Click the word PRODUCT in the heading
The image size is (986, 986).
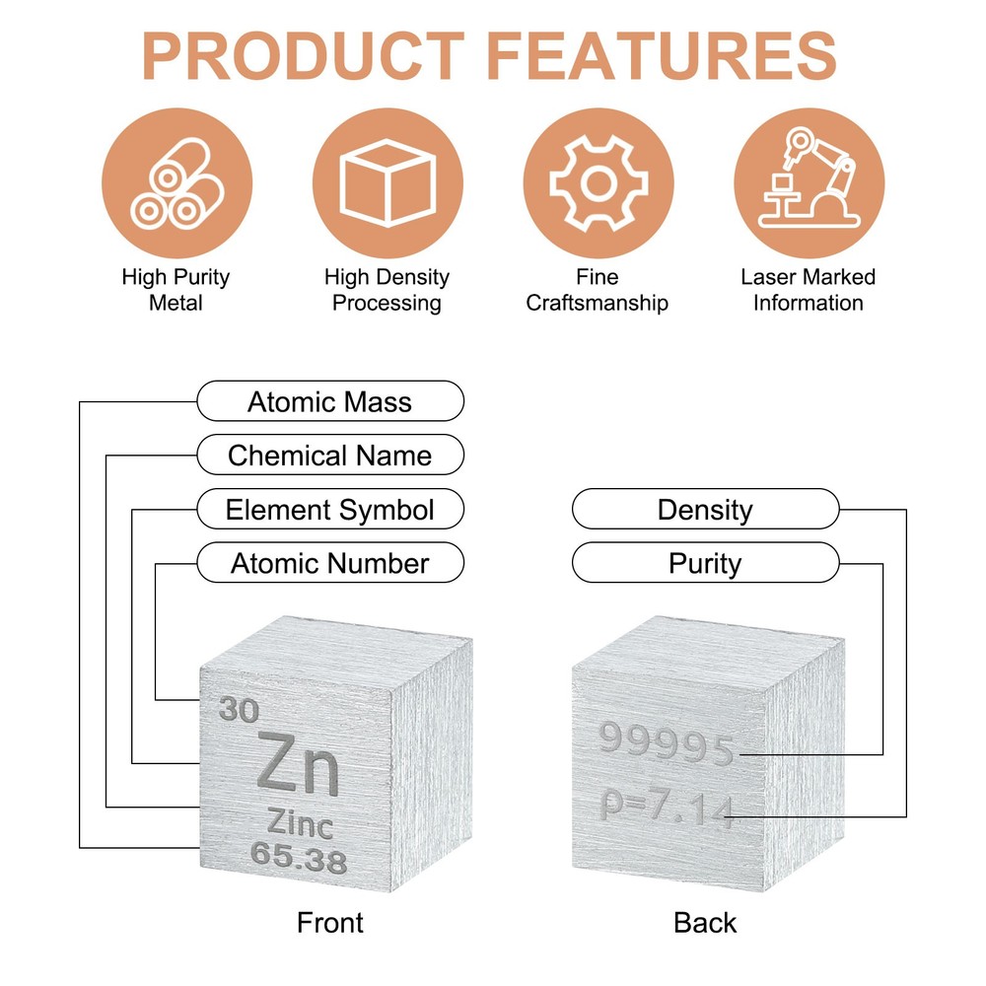click(x=304, y=56)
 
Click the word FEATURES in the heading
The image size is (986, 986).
click(x=662, y=56)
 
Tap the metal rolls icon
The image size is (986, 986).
click(x=176, y=183)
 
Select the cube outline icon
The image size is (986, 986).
click(x=387, y=183)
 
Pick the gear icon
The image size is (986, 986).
click(x=599, y=183)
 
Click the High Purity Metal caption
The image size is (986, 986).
click(x=176, y=290)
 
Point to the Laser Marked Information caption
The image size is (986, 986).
click(x=809, y=290)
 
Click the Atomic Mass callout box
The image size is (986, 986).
click(x=330, y=401)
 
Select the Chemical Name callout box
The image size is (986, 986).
click(x=330, y=455)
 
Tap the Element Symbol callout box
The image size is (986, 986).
click(x=330, y=509)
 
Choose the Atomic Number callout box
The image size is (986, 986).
click(x=330, y=563)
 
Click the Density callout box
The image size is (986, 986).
click(x=706, y=509)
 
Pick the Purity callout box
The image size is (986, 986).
click(x=706, y=563)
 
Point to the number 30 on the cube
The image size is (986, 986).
click(x=239, y=710)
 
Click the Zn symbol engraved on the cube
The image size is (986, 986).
click(x=298, y=763)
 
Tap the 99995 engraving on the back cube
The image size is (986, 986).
click(x=666, y=743)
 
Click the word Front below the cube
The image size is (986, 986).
click(x=330, y=923)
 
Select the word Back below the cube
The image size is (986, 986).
click(x=705, y=923)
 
